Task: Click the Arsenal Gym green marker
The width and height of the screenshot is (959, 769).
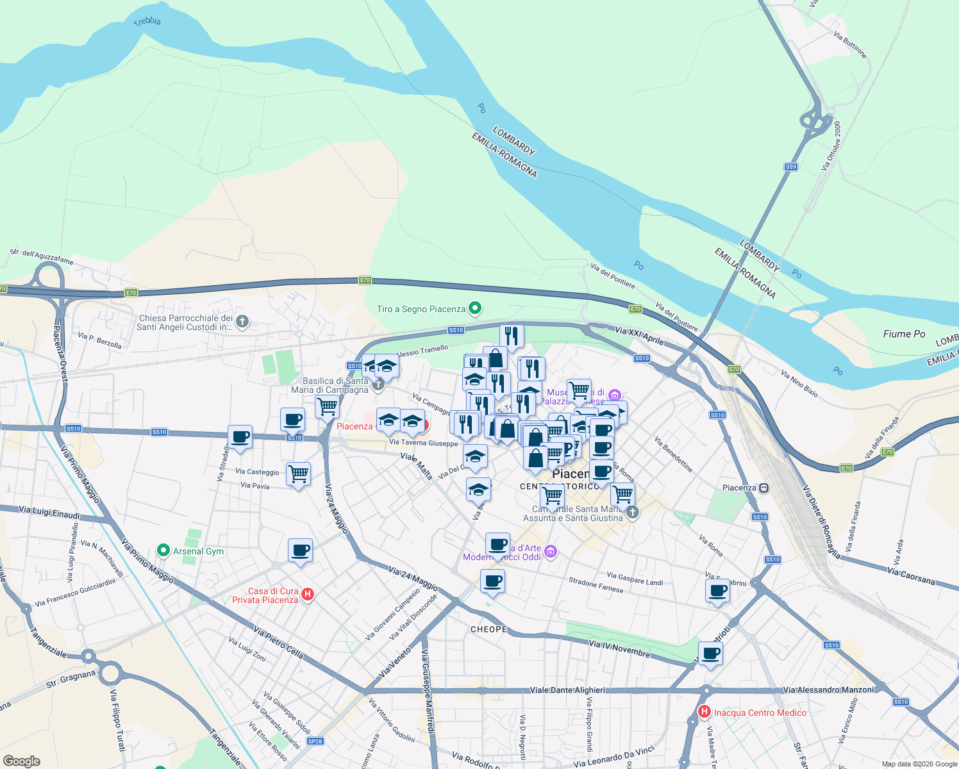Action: [163, 550]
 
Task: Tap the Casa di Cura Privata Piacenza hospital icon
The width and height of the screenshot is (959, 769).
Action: [308, 595]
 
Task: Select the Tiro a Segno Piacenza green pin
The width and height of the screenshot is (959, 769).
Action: [475, 309]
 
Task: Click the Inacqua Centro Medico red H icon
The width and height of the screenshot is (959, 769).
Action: [705, 712]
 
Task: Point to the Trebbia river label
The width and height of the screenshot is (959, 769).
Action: [147, 21]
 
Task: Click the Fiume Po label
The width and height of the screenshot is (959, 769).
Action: [904, 334]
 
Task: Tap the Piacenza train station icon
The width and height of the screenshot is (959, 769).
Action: [763, 488]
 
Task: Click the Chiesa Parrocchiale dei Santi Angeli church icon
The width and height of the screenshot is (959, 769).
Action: [242, 322]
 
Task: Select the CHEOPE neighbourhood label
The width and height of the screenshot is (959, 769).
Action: [488, 629]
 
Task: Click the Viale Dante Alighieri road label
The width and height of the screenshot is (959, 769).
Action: [567, 690]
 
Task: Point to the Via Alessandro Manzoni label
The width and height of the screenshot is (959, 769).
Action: [828, 690]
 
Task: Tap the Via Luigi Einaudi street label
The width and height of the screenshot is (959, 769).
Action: [49, 513]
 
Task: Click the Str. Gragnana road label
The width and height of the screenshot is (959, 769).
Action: [71, 679]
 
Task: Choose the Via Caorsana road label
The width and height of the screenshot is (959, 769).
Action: [911, 575]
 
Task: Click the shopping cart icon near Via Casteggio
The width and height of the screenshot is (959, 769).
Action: [299, 475]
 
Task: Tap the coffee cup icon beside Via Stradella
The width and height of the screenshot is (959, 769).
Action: [240, 438]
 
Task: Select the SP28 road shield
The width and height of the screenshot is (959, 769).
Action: [315, 741]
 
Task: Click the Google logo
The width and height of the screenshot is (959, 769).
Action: [21, 761]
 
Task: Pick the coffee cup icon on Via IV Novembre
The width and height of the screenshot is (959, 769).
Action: [710, 654]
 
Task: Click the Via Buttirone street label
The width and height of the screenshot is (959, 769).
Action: [850, 44]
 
